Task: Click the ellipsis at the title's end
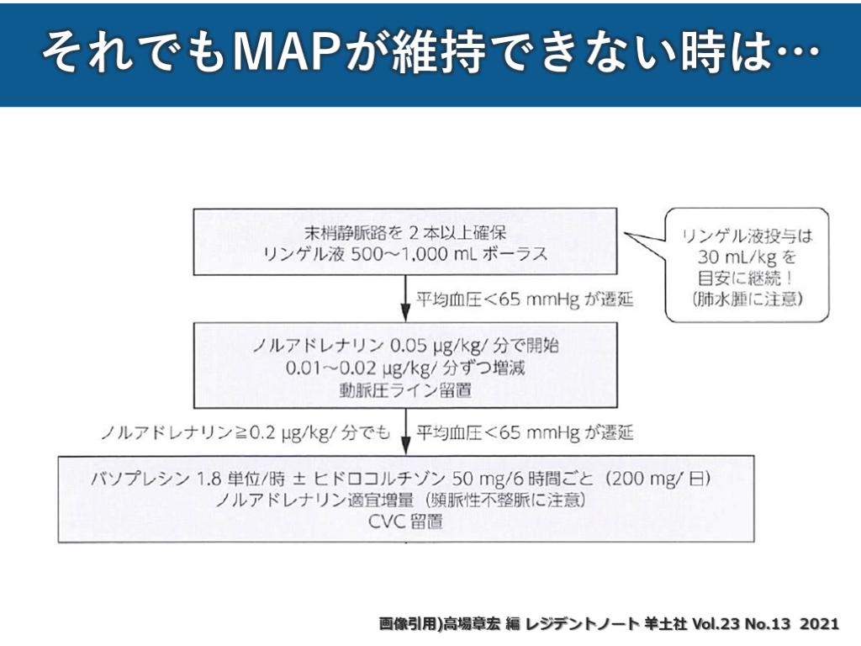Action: tap(797, 51)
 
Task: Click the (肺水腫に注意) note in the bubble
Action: tap(747, 299)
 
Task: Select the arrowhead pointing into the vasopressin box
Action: tap(405, 446)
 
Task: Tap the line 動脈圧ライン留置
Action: tap(405, 390)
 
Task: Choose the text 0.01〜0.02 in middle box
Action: tap(330, 368)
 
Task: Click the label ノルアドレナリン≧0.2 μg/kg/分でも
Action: tap(245, 433)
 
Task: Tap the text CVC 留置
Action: tap(405, 521)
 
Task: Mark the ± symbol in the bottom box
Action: tap(299, 479)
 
